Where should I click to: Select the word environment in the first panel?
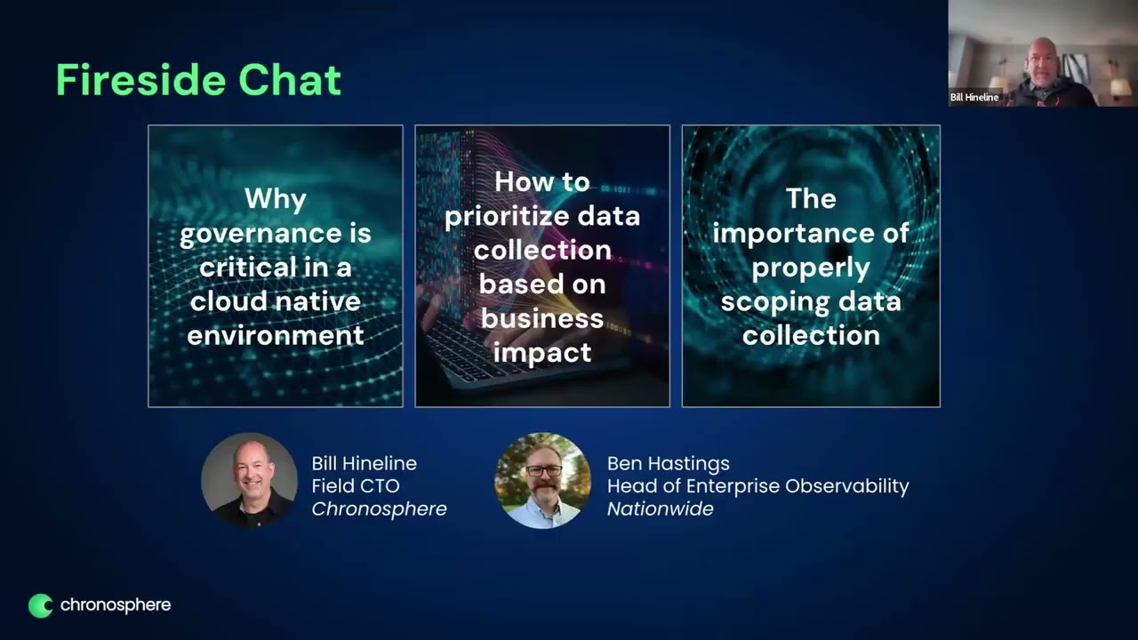pyautogui.click(x=276, y=335)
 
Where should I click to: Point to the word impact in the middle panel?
pyautogui.click(x=542, y=352)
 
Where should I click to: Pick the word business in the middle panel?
pyautogui.click(x=542, y=318)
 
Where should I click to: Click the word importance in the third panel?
pyautogui.click(x=811, y=233)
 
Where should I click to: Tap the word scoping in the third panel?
pyautogui.click(x=772, y=301)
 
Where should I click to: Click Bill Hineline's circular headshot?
pyautogui.click(x=249, y=480)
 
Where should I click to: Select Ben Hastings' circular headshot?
pyautogui.click(x=542, y=480)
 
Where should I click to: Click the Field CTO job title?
pyautogui.click(x=355, y=486)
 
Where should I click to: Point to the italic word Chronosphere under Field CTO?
pyautogui.click(x=379, y=509)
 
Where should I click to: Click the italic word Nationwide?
pyautogui.click(x=660, y=509)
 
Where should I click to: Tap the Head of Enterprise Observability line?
pyautogui.click(x=757, y=486)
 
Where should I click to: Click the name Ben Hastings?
pyautogui.click(x=668, y=463)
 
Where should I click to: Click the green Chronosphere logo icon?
pyautogui.click(x=41, y=605)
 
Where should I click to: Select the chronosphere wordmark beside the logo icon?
pyautogui.click(x=115, y=605)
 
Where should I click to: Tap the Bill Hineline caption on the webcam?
pyautogui.click(x=974, y=98)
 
